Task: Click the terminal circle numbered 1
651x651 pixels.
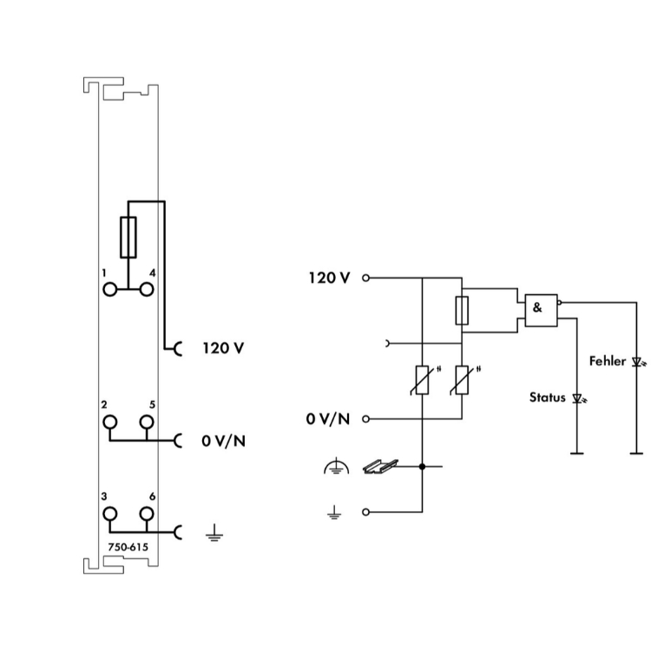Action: (109, 288)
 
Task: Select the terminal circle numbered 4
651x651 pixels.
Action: (147, 288)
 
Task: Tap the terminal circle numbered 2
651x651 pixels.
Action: (109, 423)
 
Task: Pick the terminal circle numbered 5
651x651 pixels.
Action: (147, 423)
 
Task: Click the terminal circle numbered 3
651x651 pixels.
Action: (109, 514)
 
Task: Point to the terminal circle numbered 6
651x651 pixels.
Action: (147, 514)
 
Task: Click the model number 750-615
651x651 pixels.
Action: (128, 548)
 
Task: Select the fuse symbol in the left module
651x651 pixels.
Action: (128, 237)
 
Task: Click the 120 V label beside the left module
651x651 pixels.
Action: (223, 348)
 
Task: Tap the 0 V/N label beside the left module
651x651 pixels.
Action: (223, 440)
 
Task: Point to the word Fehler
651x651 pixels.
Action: (607, 360)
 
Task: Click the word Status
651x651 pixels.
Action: (548, 398)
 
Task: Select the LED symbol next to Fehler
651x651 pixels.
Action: (638, 362)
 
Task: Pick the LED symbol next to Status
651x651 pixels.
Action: (577, 399)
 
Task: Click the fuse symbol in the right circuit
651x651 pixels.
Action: (463, 310)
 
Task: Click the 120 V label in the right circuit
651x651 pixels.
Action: (330, 278)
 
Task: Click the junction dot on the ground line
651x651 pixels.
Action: (422, 467)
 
